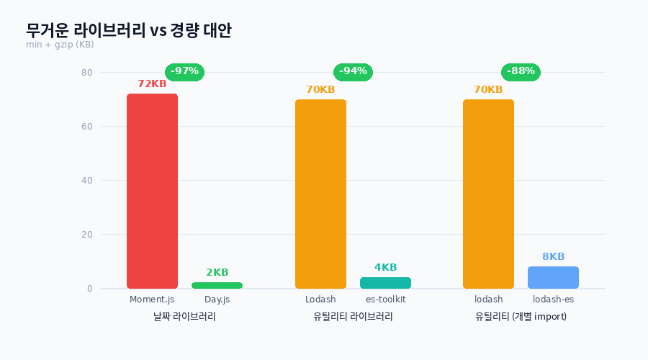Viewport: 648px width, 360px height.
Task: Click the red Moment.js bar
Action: click(152, 191)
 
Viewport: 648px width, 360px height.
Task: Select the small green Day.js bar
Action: click(217, 285)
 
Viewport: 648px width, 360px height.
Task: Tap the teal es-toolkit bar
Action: click(385, 283)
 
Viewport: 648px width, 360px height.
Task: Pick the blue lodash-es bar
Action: click(553, 277)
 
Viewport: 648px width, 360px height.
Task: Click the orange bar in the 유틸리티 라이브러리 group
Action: click(320, 194)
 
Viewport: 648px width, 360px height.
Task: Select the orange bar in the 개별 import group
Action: click(488, 194)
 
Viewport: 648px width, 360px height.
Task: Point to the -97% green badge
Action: click(184, 71)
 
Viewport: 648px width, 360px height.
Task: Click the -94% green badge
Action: click(353, 71)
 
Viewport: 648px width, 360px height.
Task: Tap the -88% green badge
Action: click(521, 71)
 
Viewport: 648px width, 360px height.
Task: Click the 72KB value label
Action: click(152, 84)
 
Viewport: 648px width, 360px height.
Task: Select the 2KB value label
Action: click(217, 273)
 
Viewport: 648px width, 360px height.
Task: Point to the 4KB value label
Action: click(385, 268)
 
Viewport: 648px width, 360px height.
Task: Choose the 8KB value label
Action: click(553, 257)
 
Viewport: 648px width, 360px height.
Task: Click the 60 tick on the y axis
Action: click(86, 127)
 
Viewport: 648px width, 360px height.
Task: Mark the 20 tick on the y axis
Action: click(86, 235)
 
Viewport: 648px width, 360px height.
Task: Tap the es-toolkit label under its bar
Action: click(385, 300)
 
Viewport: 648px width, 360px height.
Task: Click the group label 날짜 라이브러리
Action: click(184, 317)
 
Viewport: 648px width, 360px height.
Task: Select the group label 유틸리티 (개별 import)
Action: click(521, 317)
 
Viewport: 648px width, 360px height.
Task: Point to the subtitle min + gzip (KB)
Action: click(60, 45)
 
